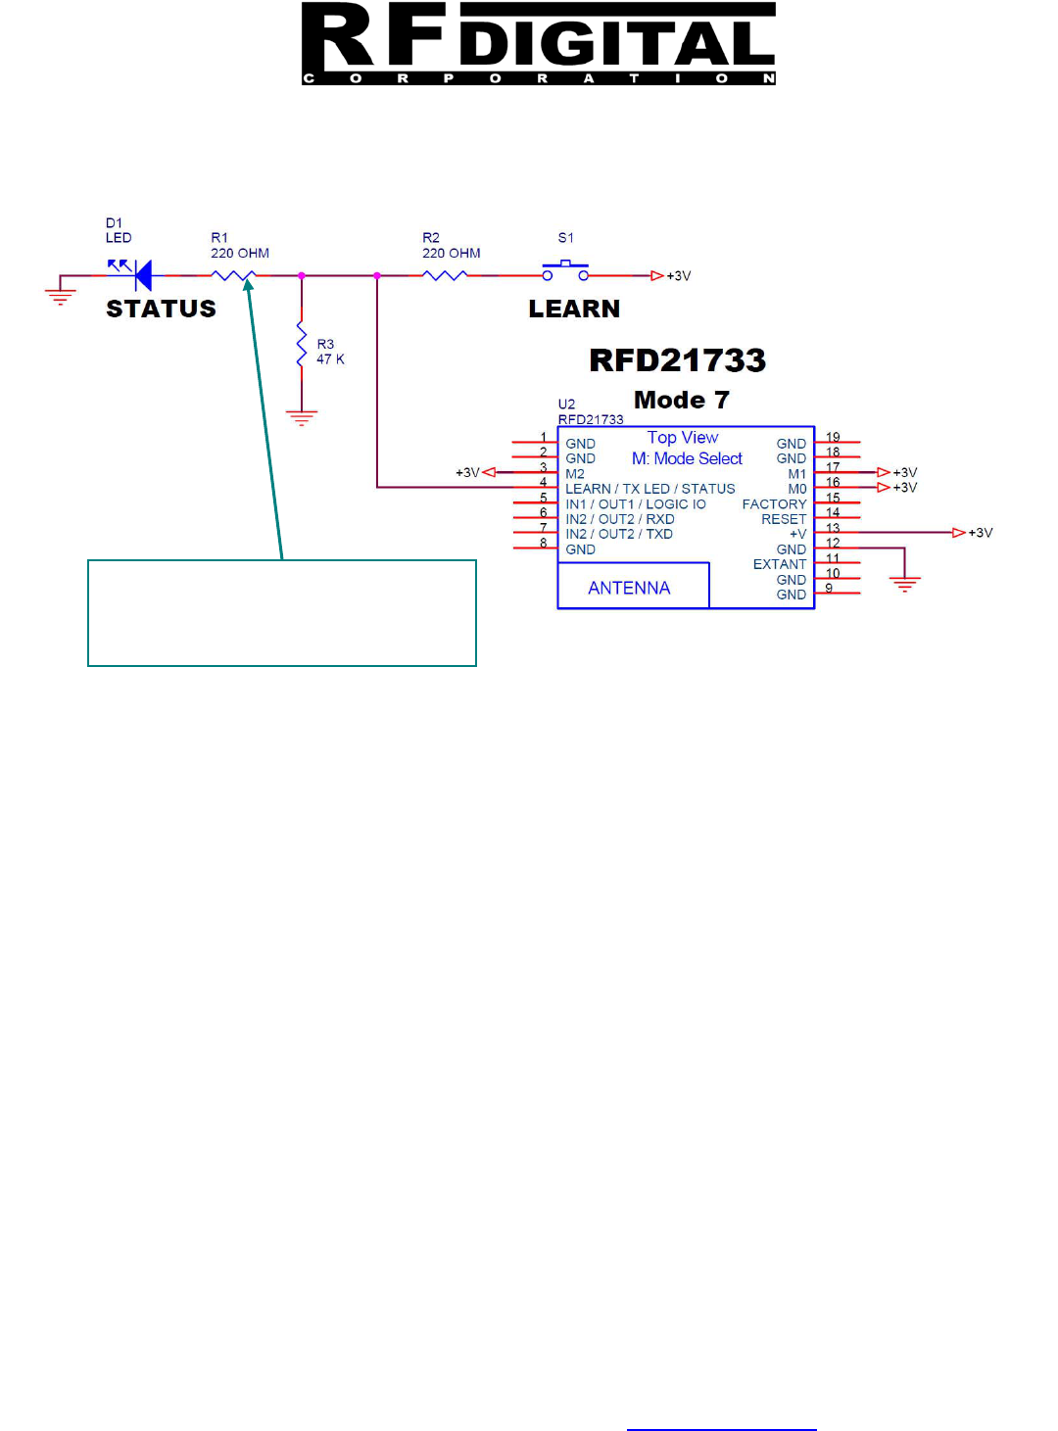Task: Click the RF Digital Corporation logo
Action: [x=538, y=44]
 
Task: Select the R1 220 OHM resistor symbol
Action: [x=235, y=276]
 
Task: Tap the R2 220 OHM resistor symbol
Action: [x=446, y=276]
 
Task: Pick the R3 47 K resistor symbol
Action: [x=302, y=349]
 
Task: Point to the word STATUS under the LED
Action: [x=161, y=310]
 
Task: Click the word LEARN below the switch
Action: [x=574, y=310]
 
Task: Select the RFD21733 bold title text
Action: [x=677, y=360]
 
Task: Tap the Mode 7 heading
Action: [x=681, y=401]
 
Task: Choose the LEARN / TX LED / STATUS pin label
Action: [x=649, y=489]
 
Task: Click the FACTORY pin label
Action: [x=774, y=504]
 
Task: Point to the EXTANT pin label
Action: [x=779, y=564]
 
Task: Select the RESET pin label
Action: [x=784, y=519]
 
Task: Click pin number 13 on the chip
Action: [x=833, y=528]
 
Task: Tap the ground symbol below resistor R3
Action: [x=302, y=418]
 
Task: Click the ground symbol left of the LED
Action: [x=60, y=296]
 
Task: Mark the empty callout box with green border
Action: [x=282, y=613]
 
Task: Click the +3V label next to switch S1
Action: [x=679, y=276]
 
